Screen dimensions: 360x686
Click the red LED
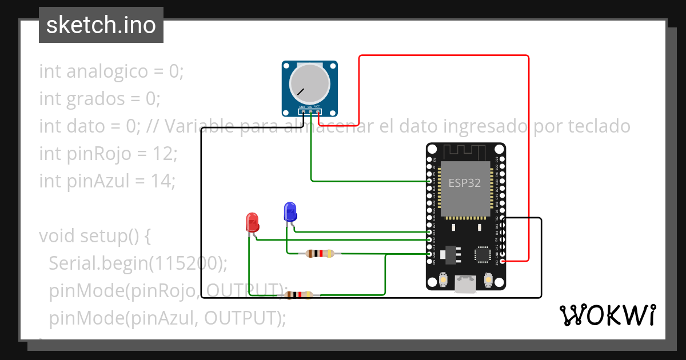[x=252, y=222]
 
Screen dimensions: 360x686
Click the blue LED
[x=290, y=211]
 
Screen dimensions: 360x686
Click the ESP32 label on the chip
[x=464, y=183]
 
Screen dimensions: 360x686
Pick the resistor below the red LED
[x=298, y=295]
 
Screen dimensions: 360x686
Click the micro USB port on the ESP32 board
[x=465, y=284]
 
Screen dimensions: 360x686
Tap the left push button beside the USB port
[x=444, y=280]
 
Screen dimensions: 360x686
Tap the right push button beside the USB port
[x=488, y=280]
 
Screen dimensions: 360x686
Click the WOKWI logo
[x=607, y=315]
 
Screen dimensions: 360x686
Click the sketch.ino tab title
[x=101, y=25]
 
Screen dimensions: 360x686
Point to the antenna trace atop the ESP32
[x=465, y=152]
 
